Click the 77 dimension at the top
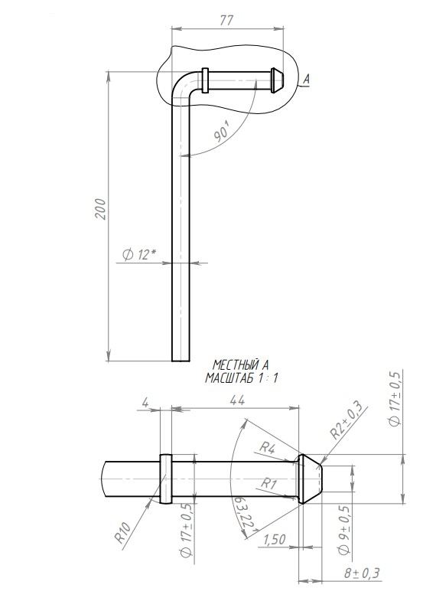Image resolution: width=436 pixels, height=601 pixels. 226,20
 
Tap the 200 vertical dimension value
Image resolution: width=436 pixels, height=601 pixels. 101,209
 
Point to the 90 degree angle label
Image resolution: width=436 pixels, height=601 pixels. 223,134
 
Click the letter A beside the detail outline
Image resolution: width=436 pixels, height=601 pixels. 306,79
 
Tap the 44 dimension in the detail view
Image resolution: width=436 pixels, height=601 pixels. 237,400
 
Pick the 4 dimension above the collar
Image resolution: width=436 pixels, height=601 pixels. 145,403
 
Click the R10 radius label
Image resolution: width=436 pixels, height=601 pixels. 123,531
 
